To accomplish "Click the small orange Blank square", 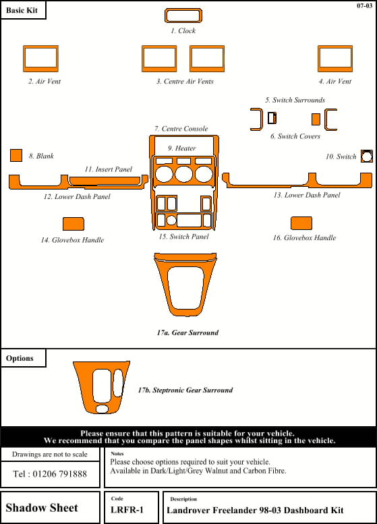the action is click(x=16, y=155).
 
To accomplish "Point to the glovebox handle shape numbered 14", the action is click(x=74, y=224).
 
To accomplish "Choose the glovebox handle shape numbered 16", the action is click(x=301, y=223).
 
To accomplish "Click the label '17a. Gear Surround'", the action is click(x=188, y=332).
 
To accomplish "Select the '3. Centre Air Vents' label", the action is click(x=185, y=81).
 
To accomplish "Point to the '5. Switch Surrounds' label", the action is click(x=295, y=100).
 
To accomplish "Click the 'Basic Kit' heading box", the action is click(x=23, y=10).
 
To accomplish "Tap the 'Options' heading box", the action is click(x=23, y=358).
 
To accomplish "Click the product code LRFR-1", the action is click(x=127, y=510).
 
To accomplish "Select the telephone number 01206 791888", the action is click(x=60, y=474).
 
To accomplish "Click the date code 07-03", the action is click(x=364, y=5).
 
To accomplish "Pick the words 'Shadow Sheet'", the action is click(x=42, y=508).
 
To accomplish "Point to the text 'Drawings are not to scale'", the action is click(x=50, y=454).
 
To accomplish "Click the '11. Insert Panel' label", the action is click(x=109, y=169).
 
